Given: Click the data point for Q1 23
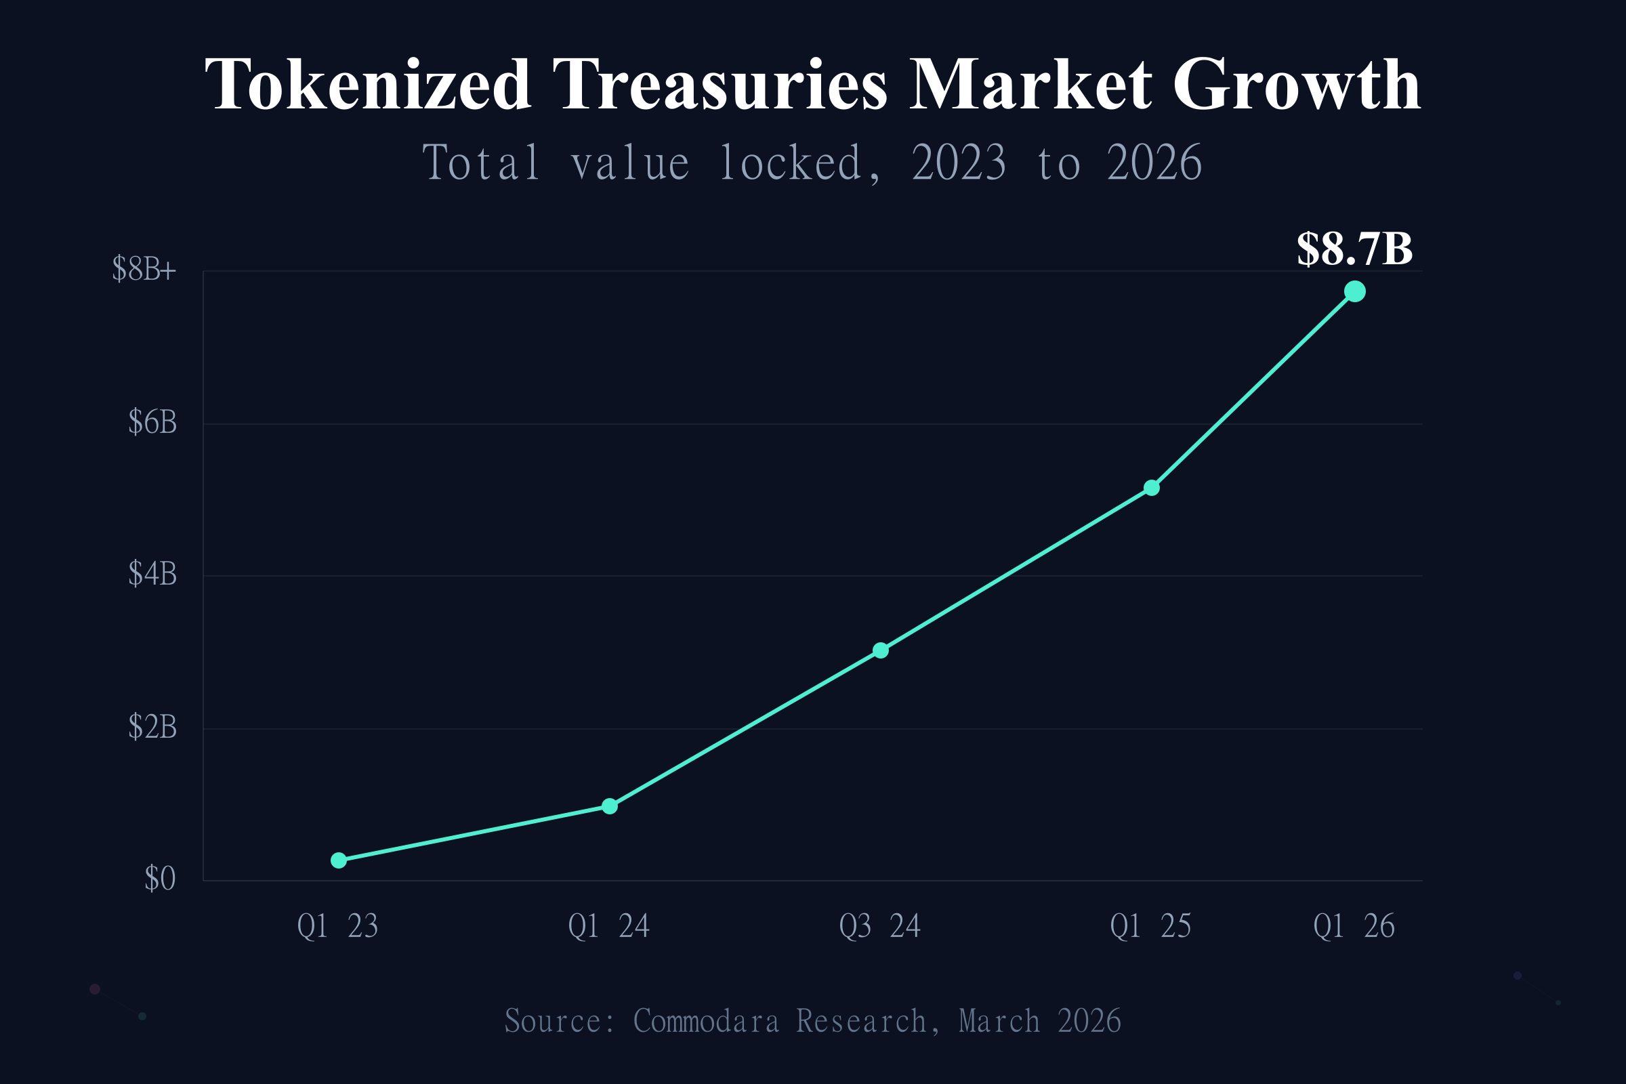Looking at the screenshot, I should coord(339,860).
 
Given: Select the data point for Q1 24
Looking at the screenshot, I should coord(610,806).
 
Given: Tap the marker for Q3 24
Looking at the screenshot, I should coord(880,650).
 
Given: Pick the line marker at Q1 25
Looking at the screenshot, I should coord(1151,488).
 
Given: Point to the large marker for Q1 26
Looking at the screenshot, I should coord(1354,292).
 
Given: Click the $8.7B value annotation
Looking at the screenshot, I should coord(1354,249).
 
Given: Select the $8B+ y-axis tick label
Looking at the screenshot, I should coord(144,269).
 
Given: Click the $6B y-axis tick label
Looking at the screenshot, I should coord(152,422).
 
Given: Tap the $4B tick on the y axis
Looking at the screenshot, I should coord(152,575).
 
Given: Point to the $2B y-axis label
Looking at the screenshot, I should coord(152,727).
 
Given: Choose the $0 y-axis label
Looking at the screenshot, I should coord(160,879).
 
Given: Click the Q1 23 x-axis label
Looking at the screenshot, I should coord(337,927).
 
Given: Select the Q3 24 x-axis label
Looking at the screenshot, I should coord(879,927).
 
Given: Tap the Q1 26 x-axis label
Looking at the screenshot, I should coord(1354,927).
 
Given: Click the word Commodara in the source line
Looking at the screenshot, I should coord(706,1022).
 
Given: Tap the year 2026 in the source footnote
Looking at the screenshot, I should coord(1089,1022).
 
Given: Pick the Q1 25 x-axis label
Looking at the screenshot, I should coord(1150,927).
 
